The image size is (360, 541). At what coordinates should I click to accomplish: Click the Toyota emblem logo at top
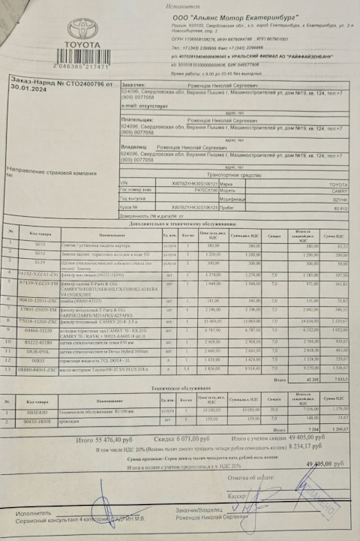(83, 31)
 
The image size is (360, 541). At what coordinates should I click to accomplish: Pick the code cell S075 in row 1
(40, 245)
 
